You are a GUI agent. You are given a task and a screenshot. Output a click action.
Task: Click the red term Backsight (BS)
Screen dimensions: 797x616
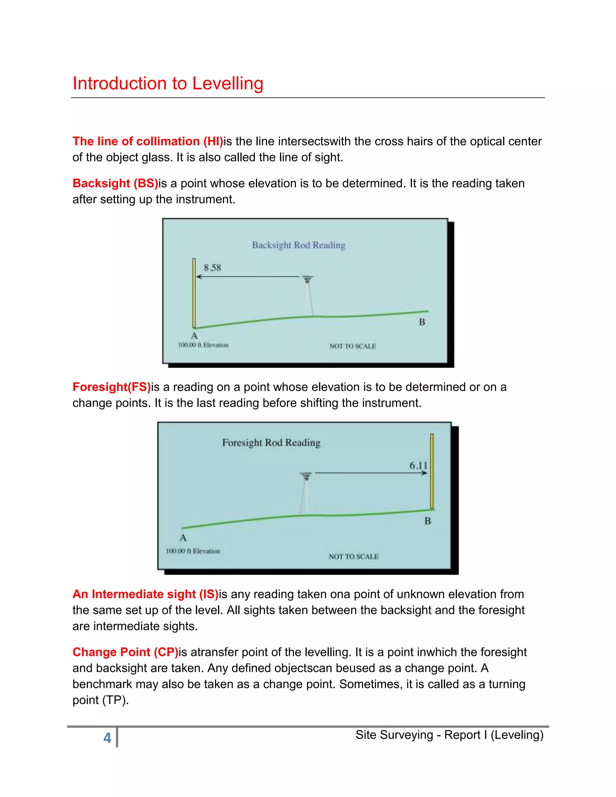click(115, 183)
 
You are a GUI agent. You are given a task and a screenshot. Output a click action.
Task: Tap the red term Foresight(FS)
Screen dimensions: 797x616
click(111, 387)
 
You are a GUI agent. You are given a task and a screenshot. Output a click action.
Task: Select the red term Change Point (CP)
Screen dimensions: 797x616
click(125, 652)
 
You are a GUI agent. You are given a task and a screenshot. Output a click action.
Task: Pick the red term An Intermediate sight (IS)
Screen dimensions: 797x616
click(145, 594)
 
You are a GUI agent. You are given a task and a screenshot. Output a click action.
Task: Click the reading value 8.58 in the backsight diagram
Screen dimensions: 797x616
click(212, 268)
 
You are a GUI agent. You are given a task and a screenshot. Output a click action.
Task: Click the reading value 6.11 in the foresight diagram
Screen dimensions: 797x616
click(418, 465)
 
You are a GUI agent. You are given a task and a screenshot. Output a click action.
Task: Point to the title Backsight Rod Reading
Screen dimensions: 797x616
click(298, 245)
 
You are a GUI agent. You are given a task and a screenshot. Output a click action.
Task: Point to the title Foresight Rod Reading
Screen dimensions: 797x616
click(271, 443)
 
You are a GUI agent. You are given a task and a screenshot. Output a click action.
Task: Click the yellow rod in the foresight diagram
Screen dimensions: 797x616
click(432, 471)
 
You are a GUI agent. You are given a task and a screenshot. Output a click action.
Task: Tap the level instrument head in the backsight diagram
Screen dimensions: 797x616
click(308, 279)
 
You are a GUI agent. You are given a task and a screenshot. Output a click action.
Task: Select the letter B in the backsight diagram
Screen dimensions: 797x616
click(422, 322)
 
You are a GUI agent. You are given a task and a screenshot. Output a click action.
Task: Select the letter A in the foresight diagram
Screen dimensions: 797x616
click(183, 538)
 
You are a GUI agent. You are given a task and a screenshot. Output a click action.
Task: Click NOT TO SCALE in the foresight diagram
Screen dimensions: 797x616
click(353, 556)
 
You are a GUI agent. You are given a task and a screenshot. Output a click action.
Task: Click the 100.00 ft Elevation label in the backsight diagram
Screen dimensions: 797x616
click(203, 345)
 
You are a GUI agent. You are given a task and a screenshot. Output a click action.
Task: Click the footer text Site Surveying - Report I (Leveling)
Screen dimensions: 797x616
click(449, 735)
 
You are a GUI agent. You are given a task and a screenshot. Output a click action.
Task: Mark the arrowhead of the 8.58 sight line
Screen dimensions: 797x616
click(199, 277)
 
